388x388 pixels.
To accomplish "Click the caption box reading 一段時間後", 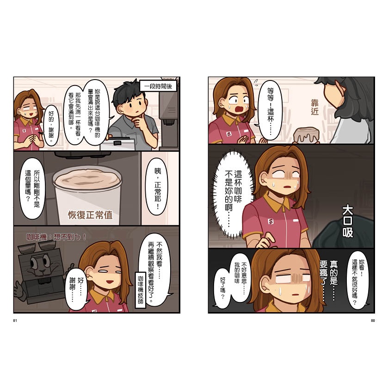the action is tap(158, 86).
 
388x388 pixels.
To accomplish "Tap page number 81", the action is tap(15, 320).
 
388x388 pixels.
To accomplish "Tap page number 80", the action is tap(373, 320).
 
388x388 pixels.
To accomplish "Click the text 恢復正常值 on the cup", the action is tap(90, 215).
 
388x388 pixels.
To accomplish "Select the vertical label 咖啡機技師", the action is tap(141, 290).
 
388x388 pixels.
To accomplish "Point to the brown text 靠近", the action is tap(315, 107).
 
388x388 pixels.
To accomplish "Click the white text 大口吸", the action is tap(347, 221).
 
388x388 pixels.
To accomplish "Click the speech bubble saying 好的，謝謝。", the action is tap(51, 127).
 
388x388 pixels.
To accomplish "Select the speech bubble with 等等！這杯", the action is tap(270, 110).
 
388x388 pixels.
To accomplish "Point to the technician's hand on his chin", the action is tap(137, 122).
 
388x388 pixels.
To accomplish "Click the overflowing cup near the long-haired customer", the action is tap(306, 135).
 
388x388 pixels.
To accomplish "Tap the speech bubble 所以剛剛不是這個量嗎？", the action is tap(33, 189).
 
